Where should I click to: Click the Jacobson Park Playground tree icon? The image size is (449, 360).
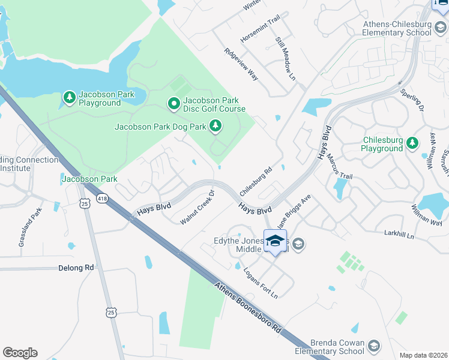[x=69, y=97]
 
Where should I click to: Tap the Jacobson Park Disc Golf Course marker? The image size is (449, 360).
[x=174, y=104]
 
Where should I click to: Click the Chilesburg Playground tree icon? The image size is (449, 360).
[x=412, y=143]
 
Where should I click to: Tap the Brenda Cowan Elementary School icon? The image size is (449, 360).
[x=374, y=346]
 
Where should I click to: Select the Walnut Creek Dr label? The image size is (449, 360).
[x=197, y=208]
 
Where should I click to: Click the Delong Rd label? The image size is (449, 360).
[x=77, y=268]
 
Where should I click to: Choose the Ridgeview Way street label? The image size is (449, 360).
[x=241, y=64]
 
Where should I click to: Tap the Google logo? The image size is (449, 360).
[x=20, y=353]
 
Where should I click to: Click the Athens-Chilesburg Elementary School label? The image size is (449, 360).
[x=397, y=28]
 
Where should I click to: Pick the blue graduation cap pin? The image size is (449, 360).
[x=275, y=241]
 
